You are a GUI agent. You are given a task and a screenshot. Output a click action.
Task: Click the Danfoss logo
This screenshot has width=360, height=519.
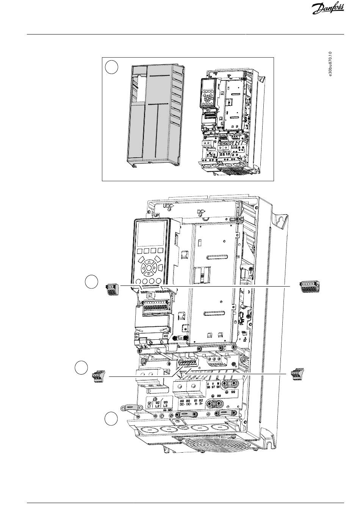[328, 9]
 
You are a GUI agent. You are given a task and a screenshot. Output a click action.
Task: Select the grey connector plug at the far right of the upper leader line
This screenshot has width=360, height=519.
[310, 287]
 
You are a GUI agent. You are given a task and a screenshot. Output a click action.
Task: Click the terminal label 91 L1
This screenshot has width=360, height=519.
[150, 405]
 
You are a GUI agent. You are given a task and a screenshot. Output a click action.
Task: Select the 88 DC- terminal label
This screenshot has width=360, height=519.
[182, 403]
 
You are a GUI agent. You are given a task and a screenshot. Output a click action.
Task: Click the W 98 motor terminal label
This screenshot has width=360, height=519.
[218, 385]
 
